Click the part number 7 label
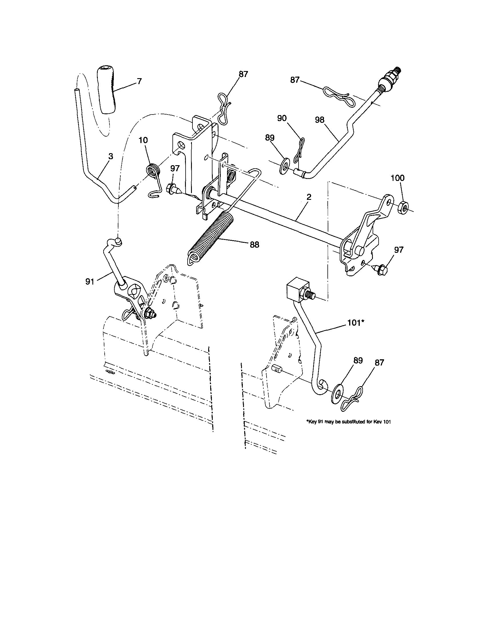click(139, 81)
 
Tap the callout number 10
click(143, 140)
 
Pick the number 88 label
click(254, 245)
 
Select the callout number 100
click(397, 178)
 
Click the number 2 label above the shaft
click(309, 197)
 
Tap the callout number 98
click(319, 120)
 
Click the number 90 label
click(282, 118)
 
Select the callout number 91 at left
click(90, 281)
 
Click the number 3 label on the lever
click(110, 156)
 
